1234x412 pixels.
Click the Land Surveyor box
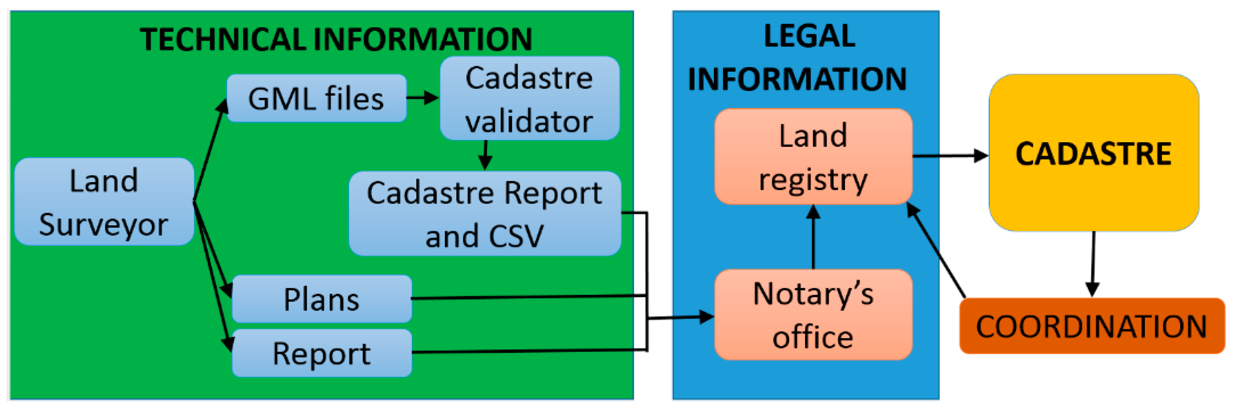click(x=104, y=201)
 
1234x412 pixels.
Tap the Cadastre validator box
click(x=529, y=98)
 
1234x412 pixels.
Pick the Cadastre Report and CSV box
click(x=485, y=214)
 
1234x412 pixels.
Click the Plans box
click(x=321, y=299)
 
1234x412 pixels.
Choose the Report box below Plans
click(x=321, y=353)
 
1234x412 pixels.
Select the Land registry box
click(x=813, y=156)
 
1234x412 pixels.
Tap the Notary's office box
click(x=813, y=314)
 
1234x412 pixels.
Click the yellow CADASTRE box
click(x=1094, y=153)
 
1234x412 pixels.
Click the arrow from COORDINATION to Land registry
click(x=936, y=250)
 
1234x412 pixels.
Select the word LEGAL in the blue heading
click(x=810, y=36)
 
